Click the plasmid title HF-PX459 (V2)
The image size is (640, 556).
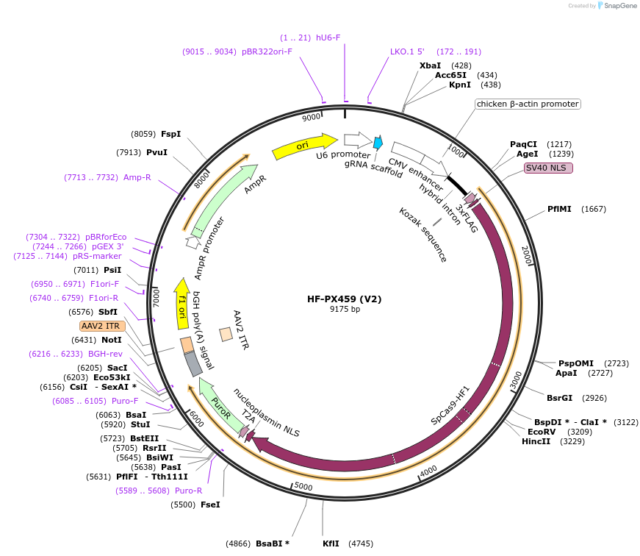344,299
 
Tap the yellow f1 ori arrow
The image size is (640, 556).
181,303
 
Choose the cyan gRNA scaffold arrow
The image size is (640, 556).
378,143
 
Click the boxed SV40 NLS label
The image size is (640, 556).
548,168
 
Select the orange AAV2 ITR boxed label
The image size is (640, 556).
102,326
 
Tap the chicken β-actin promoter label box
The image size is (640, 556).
528,104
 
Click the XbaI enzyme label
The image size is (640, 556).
430,65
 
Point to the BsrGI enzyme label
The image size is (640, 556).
559,398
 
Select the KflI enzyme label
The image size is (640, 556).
331,543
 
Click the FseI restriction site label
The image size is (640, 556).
210,505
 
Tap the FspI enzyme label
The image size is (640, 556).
170,134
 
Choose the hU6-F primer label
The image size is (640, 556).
328,38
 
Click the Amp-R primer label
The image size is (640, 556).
137,177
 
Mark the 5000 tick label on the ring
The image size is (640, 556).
303,487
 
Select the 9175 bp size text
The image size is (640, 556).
344,310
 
